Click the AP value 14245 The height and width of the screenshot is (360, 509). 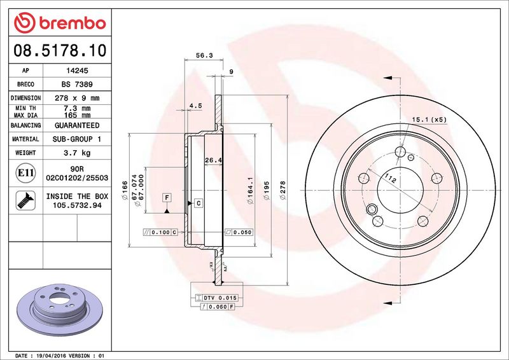[x=77, y=71]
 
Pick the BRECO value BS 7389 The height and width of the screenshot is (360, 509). [x=77, y=85]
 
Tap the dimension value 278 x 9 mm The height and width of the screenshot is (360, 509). [x=77, y=99]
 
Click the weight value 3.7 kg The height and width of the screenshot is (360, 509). [x=77, y=153]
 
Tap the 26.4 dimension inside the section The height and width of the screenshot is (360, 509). [x=213, y=160]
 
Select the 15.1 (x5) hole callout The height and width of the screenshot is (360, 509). [x=429, y=120]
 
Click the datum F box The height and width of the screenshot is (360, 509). [x=167, y=197]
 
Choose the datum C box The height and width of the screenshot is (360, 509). [x=198, y=203]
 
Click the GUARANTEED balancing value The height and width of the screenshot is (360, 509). [x=77, y=126]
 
